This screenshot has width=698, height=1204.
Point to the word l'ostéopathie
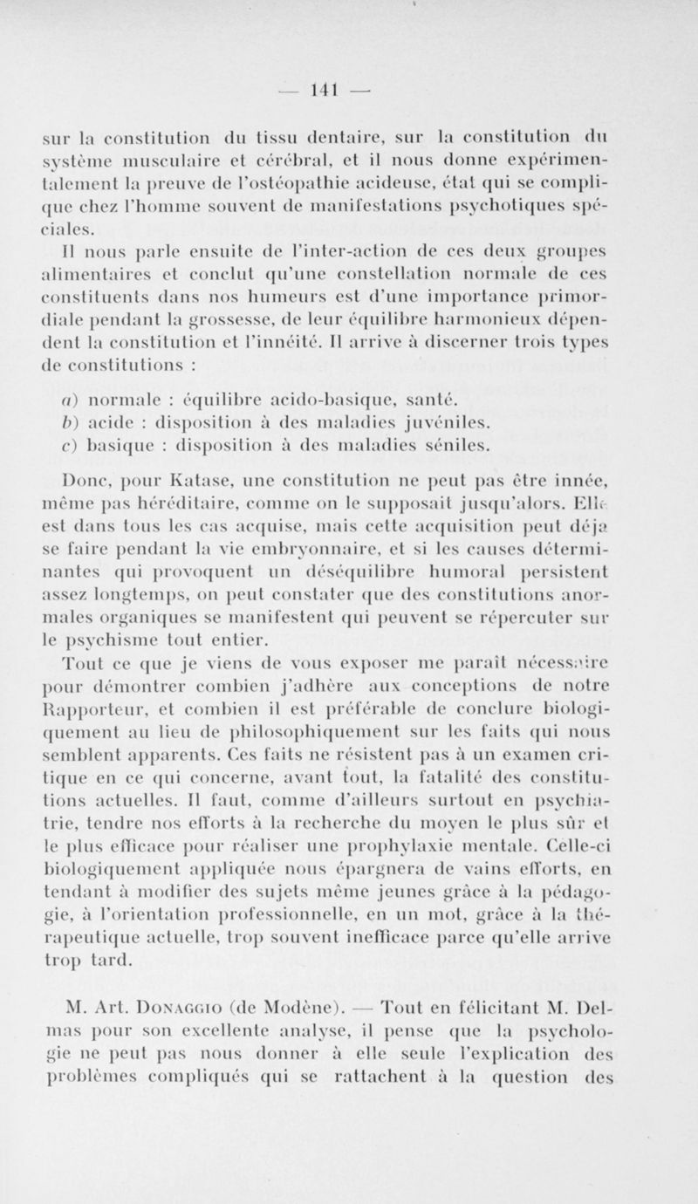[x=337, y=184]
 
